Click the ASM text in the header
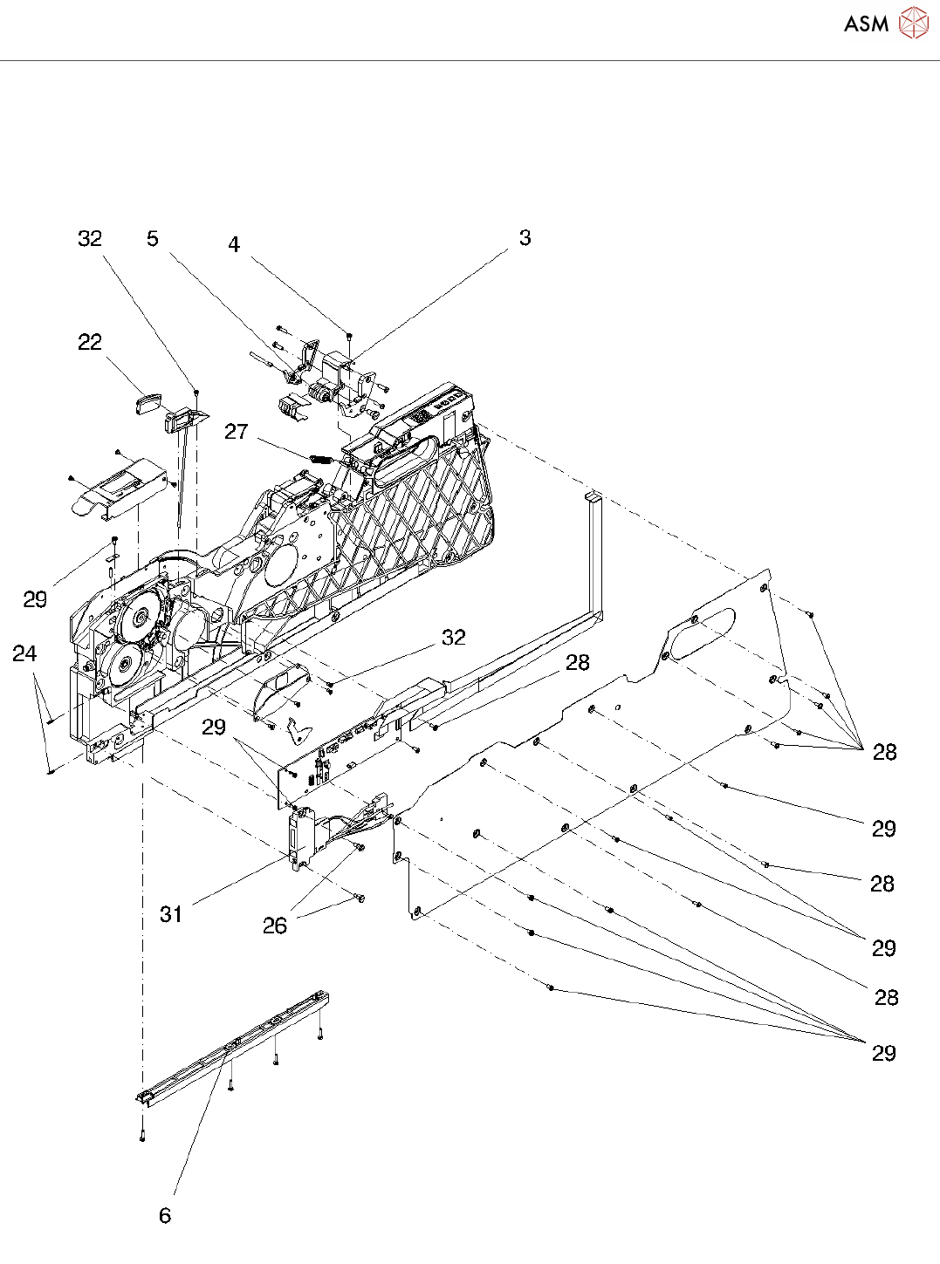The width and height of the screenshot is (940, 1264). tap(866, 24)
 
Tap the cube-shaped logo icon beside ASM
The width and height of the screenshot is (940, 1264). tap(913, 23)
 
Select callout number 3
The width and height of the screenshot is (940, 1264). tap(525, 237)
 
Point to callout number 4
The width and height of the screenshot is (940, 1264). tap(234, 244)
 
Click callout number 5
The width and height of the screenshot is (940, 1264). tap(153, 238)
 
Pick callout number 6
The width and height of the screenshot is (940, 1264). tap(165, 1215)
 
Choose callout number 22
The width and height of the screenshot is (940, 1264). tap(90, 342)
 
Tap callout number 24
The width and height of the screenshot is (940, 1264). tap(24, 653)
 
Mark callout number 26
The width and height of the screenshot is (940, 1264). tap(275, 926)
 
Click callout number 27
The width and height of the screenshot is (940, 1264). tap(237, 432)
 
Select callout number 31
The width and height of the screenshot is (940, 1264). tap(171, 913)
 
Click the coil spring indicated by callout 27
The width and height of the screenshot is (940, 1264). tap(320, 458)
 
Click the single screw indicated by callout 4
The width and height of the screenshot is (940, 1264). tap(349, 335)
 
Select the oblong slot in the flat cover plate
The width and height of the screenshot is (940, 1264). tap(701, 630)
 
